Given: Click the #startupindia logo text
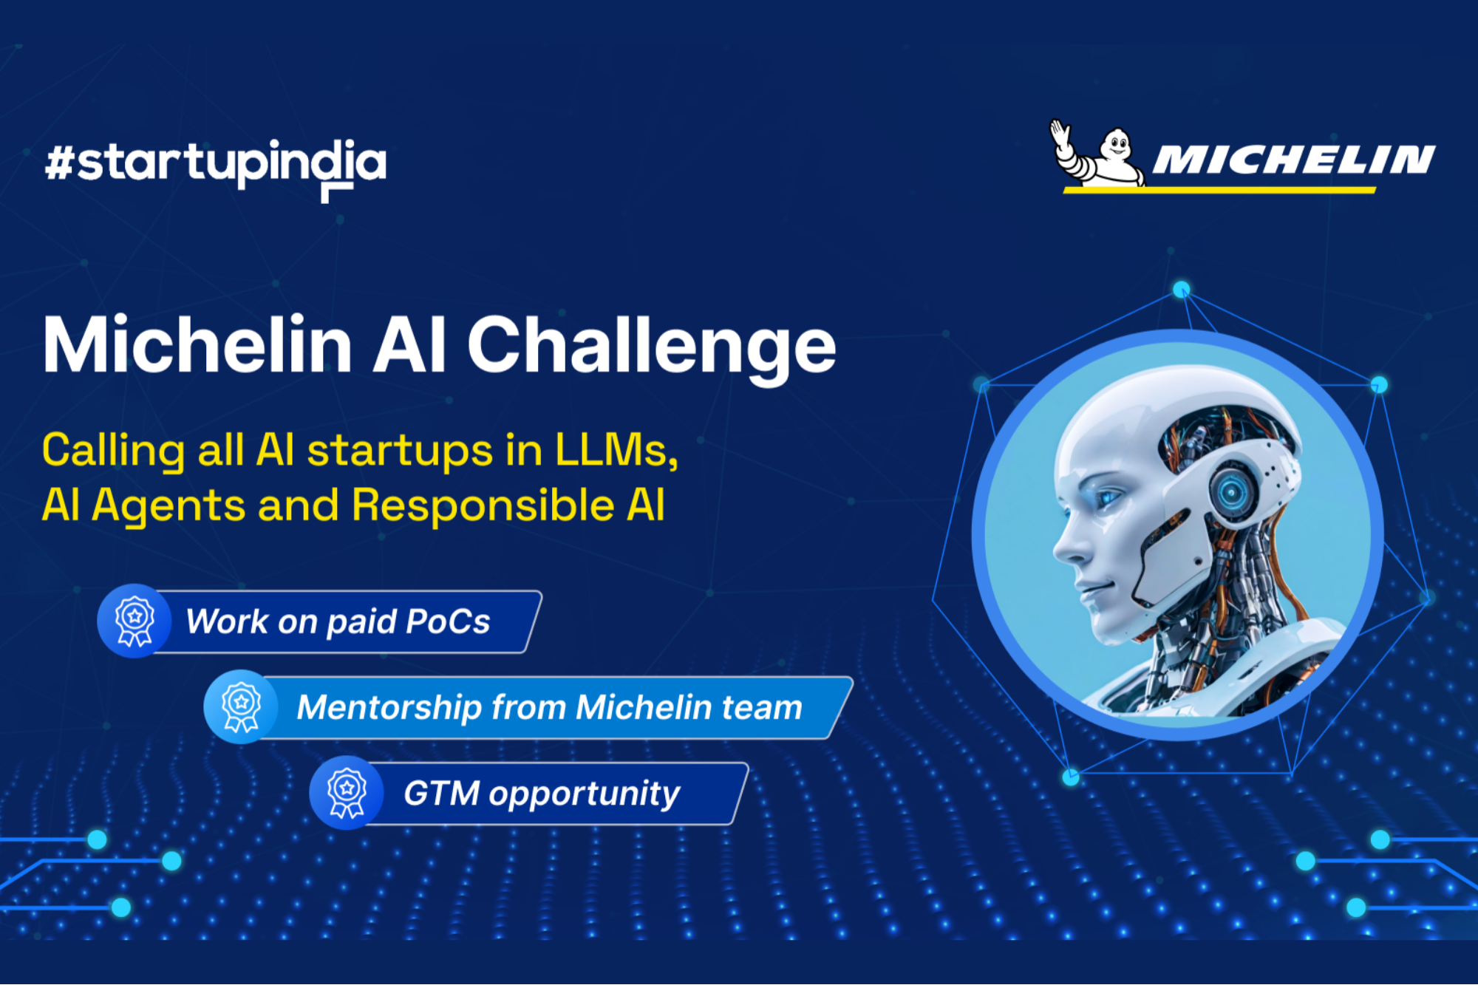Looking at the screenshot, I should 215,164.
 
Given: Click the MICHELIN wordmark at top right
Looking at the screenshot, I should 1293,160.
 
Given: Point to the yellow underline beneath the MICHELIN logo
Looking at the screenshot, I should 1219,191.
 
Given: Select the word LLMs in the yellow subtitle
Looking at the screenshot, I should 616,450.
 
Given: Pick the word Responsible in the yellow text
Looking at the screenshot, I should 483,505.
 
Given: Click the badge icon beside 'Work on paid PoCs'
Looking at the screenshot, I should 134,621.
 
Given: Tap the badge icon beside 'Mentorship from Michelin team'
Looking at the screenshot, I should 241,706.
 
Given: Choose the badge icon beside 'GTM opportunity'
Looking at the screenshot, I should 347,792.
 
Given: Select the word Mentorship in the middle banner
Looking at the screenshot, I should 389,707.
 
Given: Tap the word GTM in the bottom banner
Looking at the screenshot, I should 441,794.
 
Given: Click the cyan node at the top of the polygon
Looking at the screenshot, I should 1181,289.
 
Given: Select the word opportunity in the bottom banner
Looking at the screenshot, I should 584,794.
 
